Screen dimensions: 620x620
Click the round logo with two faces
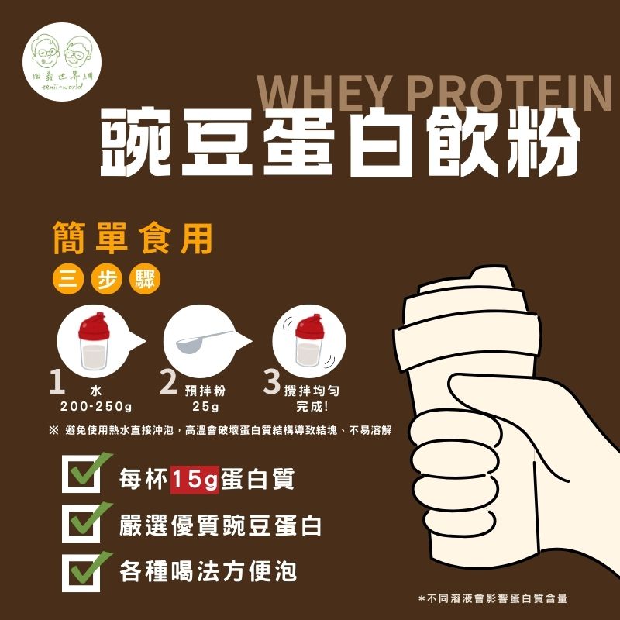[62, 62]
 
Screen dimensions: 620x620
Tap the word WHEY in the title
[325, 93]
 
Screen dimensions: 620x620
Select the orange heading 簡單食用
[133, 238]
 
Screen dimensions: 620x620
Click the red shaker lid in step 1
[94, 326]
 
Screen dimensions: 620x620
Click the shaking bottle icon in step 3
[309, 340]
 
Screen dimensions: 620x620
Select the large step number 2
[168, 381]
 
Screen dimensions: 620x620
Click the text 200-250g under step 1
[95, 406]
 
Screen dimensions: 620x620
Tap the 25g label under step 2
[205, 406]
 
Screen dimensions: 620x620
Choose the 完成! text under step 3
[312, 406]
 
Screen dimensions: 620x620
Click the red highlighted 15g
[195, 480]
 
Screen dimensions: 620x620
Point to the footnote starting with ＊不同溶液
[493, 598]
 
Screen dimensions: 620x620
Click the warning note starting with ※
[220, 430]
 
